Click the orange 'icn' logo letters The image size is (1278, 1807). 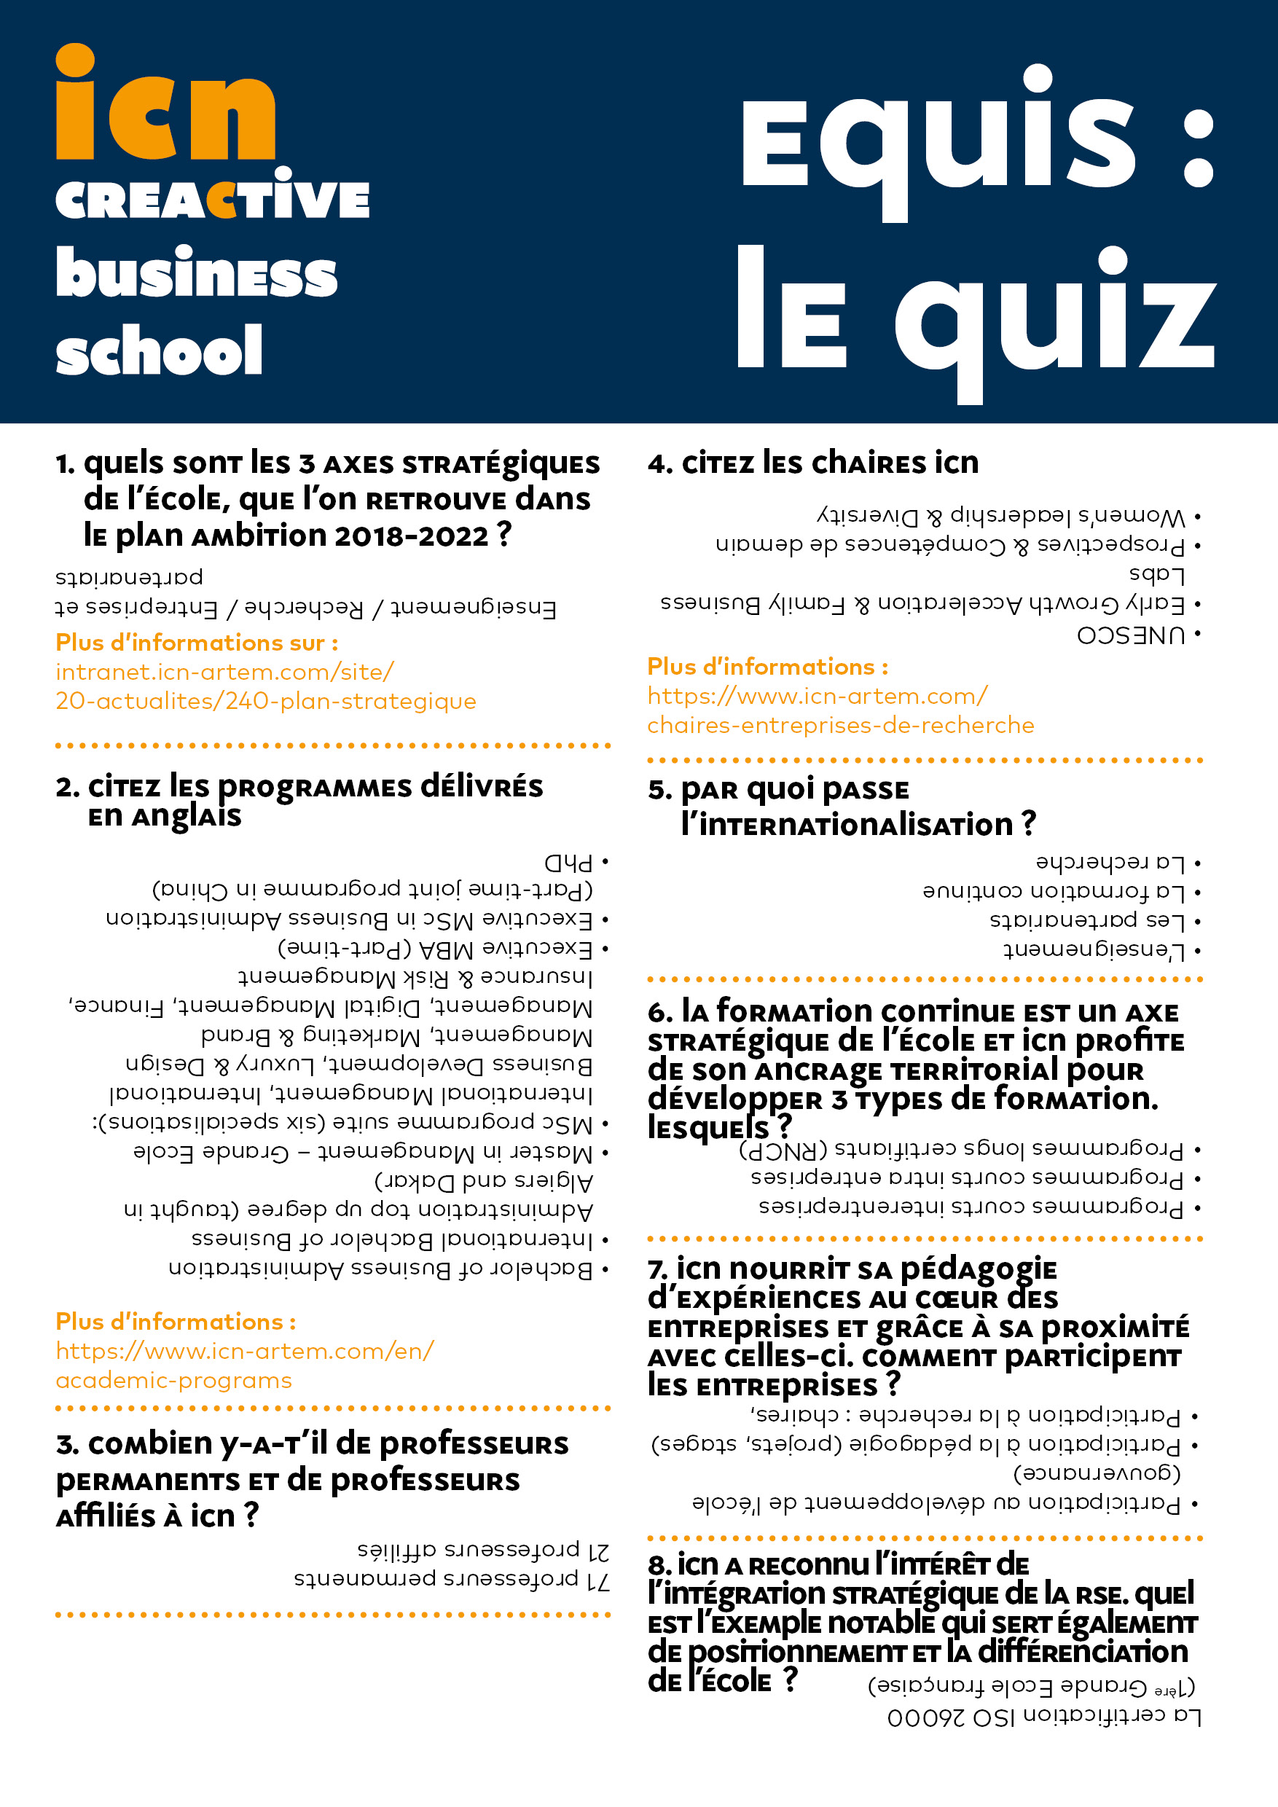coord(165,106)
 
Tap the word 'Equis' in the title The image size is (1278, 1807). coord(936,141)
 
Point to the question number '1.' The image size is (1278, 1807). coord(66,464)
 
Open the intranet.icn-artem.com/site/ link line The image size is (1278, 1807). coord(225,671)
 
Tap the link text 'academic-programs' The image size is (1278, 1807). coord(173,1381)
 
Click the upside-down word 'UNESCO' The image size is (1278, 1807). coord(1130,635)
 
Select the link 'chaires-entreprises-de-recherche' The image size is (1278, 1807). coord(840,725)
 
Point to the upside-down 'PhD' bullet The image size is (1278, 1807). coord(568,863)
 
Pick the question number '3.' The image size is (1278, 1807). coord(68,1445)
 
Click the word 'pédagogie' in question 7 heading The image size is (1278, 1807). coord(979,1269)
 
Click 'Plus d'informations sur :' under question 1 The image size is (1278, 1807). coord(197,643)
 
